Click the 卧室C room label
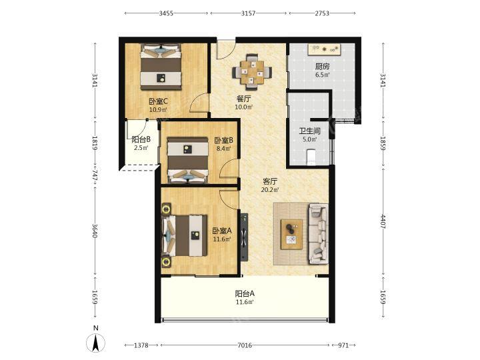(158, 101)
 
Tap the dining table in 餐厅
(252, 72)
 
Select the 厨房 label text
(323, 67)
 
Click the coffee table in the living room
(292, 234)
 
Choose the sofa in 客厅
(319, 234)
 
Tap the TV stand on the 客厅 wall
(244, 237)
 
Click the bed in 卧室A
(185, 235)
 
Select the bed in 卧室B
(187, 160)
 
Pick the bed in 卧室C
(161, 67)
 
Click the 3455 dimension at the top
(166, 13)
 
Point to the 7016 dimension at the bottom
(245, 345)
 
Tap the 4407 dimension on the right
(383, 221)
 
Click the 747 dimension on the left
(95, 175)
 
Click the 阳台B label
(141, 139)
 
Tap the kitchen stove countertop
(325, 49)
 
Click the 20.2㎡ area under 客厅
(270, 190)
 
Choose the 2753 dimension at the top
(322, 13)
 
